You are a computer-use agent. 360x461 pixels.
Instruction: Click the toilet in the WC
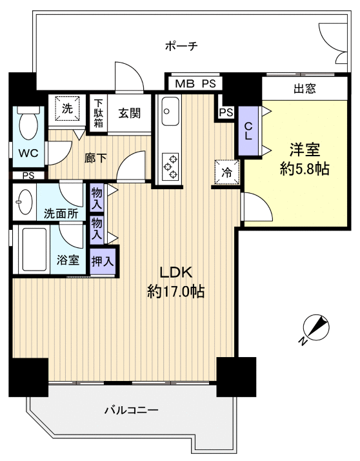coord(28,124)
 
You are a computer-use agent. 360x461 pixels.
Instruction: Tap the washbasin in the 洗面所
coord(25,201)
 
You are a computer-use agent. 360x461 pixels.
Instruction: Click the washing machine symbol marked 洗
coord(67,108)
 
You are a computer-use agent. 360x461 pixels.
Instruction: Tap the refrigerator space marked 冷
coord(226,172)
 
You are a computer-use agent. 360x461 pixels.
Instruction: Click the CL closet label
coord(248,131)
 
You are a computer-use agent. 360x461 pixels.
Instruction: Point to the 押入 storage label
coord(103,261)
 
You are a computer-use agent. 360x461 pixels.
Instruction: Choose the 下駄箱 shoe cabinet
coord(99,114)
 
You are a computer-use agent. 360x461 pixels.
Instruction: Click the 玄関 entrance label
coord(130,113)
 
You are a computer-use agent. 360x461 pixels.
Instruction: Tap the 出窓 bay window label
coord(305,88)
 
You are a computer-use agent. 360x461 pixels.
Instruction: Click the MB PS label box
coord(195,83)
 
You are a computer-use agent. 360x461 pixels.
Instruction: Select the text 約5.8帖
coord(305,169)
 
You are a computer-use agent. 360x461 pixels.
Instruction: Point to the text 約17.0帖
coord(175,292)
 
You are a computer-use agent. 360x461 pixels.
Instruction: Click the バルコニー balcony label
coord(132,410)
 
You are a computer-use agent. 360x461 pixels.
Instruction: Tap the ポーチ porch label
coord(181,46)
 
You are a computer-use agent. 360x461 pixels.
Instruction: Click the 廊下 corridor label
coord(95,158)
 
